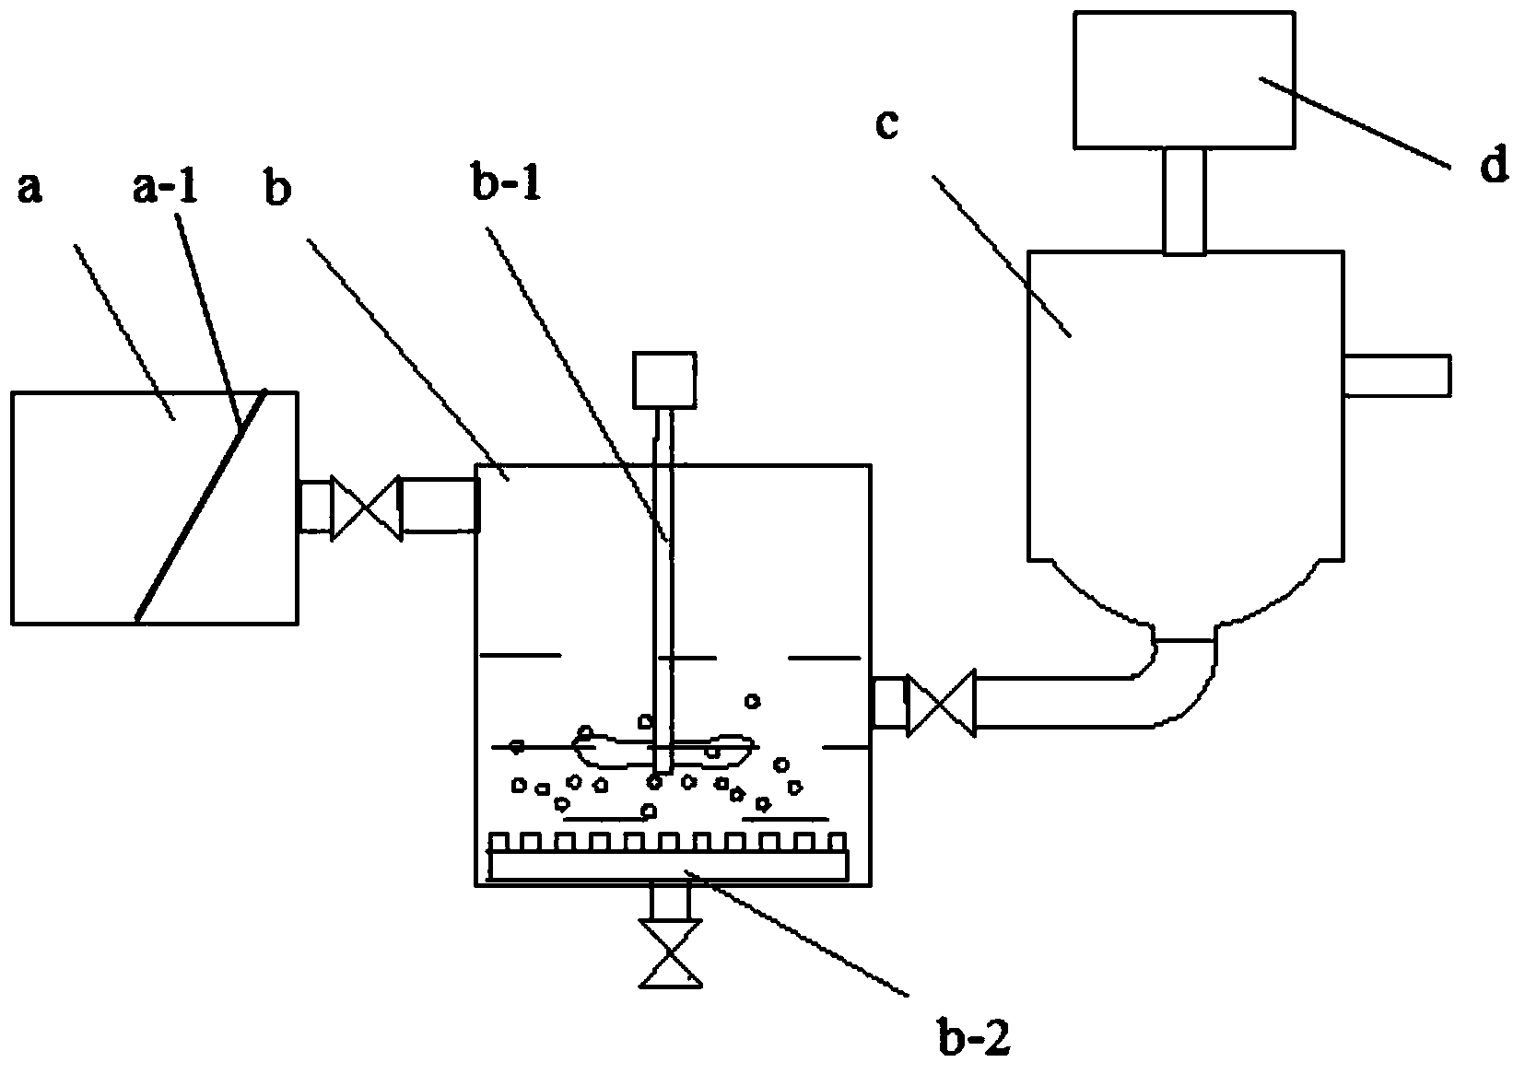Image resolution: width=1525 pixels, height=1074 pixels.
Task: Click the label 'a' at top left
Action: [x=30, y=189]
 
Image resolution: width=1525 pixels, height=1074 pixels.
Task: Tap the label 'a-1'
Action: [x=165, y=186]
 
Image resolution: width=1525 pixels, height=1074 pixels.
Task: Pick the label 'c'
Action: [x=887, y=124]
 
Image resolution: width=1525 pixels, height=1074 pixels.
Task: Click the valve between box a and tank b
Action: [x=366, y=508]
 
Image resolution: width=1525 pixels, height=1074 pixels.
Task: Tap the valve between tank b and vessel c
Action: [x=941, y=703]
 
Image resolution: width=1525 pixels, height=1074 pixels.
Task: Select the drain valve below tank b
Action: [x=671, y=953]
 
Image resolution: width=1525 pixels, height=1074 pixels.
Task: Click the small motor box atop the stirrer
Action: [x=663, y=379]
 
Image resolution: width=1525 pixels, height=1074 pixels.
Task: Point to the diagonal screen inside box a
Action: [x=201, y=506]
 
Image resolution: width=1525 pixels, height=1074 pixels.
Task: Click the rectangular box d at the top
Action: [x=1184, y=79]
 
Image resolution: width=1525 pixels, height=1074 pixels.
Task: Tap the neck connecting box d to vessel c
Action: [x=1185, y=201]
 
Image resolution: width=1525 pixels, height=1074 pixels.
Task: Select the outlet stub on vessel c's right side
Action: [x=1397, y=375]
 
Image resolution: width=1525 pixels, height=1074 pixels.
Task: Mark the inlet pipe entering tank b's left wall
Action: [x=440, y=505]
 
